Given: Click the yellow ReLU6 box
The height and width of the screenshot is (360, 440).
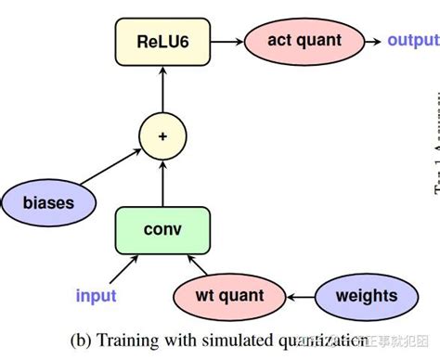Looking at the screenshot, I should tap(162, 42).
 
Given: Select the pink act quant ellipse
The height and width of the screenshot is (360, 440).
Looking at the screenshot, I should tap(304, 41).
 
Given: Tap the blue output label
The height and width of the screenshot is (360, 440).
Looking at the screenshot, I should tap(412, 41).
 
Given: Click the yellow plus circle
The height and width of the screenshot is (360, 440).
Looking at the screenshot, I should tap(162, 136).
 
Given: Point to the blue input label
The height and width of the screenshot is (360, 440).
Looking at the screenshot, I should tap(96, 296).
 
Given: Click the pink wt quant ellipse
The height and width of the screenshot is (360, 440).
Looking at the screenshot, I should tap(229, 297).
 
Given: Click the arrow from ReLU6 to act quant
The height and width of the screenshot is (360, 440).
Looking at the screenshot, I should tap(228, 42).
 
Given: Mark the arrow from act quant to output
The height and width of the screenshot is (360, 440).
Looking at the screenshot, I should tap(371, 41).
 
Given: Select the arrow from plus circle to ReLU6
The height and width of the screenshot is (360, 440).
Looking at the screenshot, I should tap(162, 91).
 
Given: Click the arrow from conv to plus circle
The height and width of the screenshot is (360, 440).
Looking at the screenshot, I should tap(162, 182).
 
